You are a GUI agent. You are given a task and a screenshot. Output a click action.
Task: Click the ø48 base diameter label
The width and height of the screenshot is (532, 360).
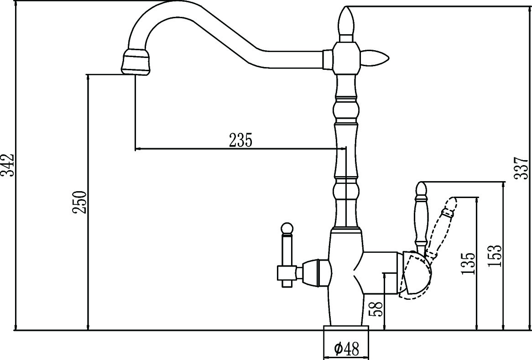point(346,350)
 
